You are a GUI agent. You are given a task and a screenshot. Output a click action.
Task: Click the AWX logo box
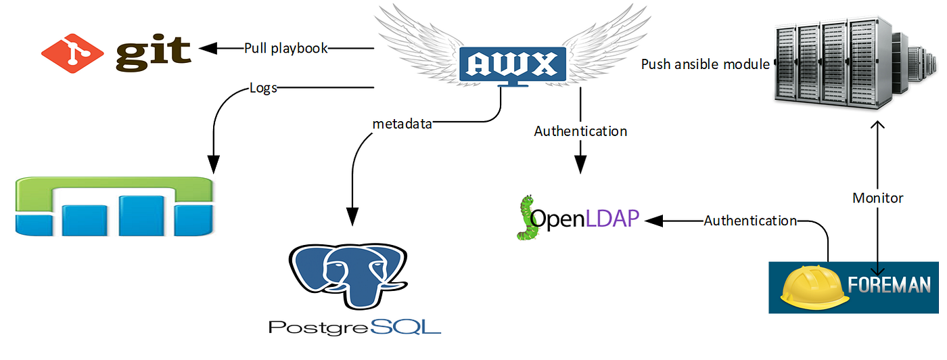tap(510, 64)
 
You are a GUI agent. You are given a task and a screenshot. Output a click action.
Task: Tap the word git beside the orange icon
tap(153, 52)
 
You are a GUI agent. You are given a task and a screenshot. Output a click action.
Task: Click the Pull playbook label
tap(286, 49)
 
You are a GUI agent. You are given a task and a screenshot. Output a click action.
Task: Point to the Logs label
tap(263, 88)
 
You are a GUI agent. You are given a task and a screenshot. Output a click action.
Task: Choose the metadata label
tap(401, 124)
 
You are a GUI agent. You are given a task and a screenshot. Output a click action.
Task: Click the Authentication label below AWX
tap(580, 131)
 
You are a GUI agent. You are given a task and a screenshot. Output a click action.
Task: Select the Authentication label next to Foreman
tap(750, 221)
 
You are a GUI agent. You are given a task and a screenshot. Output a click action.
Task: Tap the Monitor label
tap(877, 198)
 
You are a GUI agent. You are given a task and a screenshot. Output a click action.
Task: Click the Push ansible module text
tap(706, 65)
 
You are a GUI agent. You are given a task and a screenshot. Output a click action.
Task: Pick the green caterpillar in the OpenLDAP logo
tap(526, 218)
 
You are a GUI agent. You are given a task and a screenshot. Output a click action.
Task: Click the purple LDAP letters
tap(613, 219)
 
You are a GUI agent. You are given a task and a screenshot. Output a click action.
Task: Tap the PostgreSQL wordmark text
tap(354, 328)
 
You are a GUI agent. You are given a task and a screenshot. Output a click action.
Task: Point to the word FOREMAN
tap(891, 286)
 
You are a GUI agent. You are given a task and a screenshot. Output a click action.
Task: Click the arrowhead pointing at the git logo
tap(207, 49)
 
